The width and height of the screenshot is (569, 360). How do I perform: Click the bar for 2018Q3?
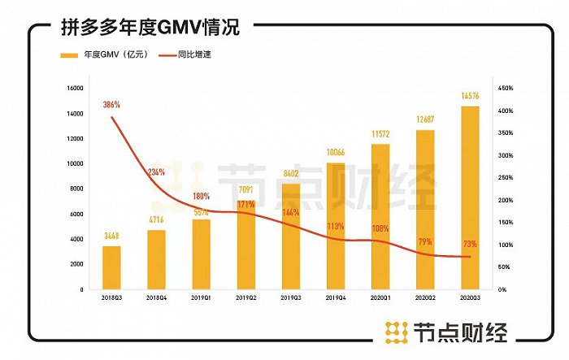(112, 267)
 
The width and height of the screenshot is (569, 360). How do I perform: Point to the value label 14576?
(470, 97)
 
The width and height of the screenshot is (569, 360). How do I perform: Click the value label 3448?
(112, 236)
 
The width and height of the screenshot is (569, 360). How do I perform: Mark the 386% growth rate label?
(112, 105)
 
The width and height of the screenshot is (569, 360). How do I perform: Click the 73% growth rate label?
(470, 244)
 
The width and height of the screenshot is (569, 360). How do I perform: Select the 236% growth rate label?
(156, 172)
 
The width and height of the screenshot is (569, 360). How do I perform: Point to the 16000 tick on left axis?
(74, 88)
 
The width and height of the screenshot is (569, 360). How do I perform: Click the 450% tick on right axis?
(505, 88)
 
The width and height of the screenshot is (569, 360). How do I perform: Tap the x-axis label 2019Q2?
(246, 298)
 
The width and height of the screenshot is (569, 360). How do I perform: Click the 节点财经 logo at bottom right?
(447, 332)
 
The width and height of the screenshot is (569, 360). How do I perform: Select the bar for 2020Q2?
(425, 210)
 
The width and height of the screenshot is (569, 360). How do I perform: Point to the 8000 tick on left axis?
(76, 189)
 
